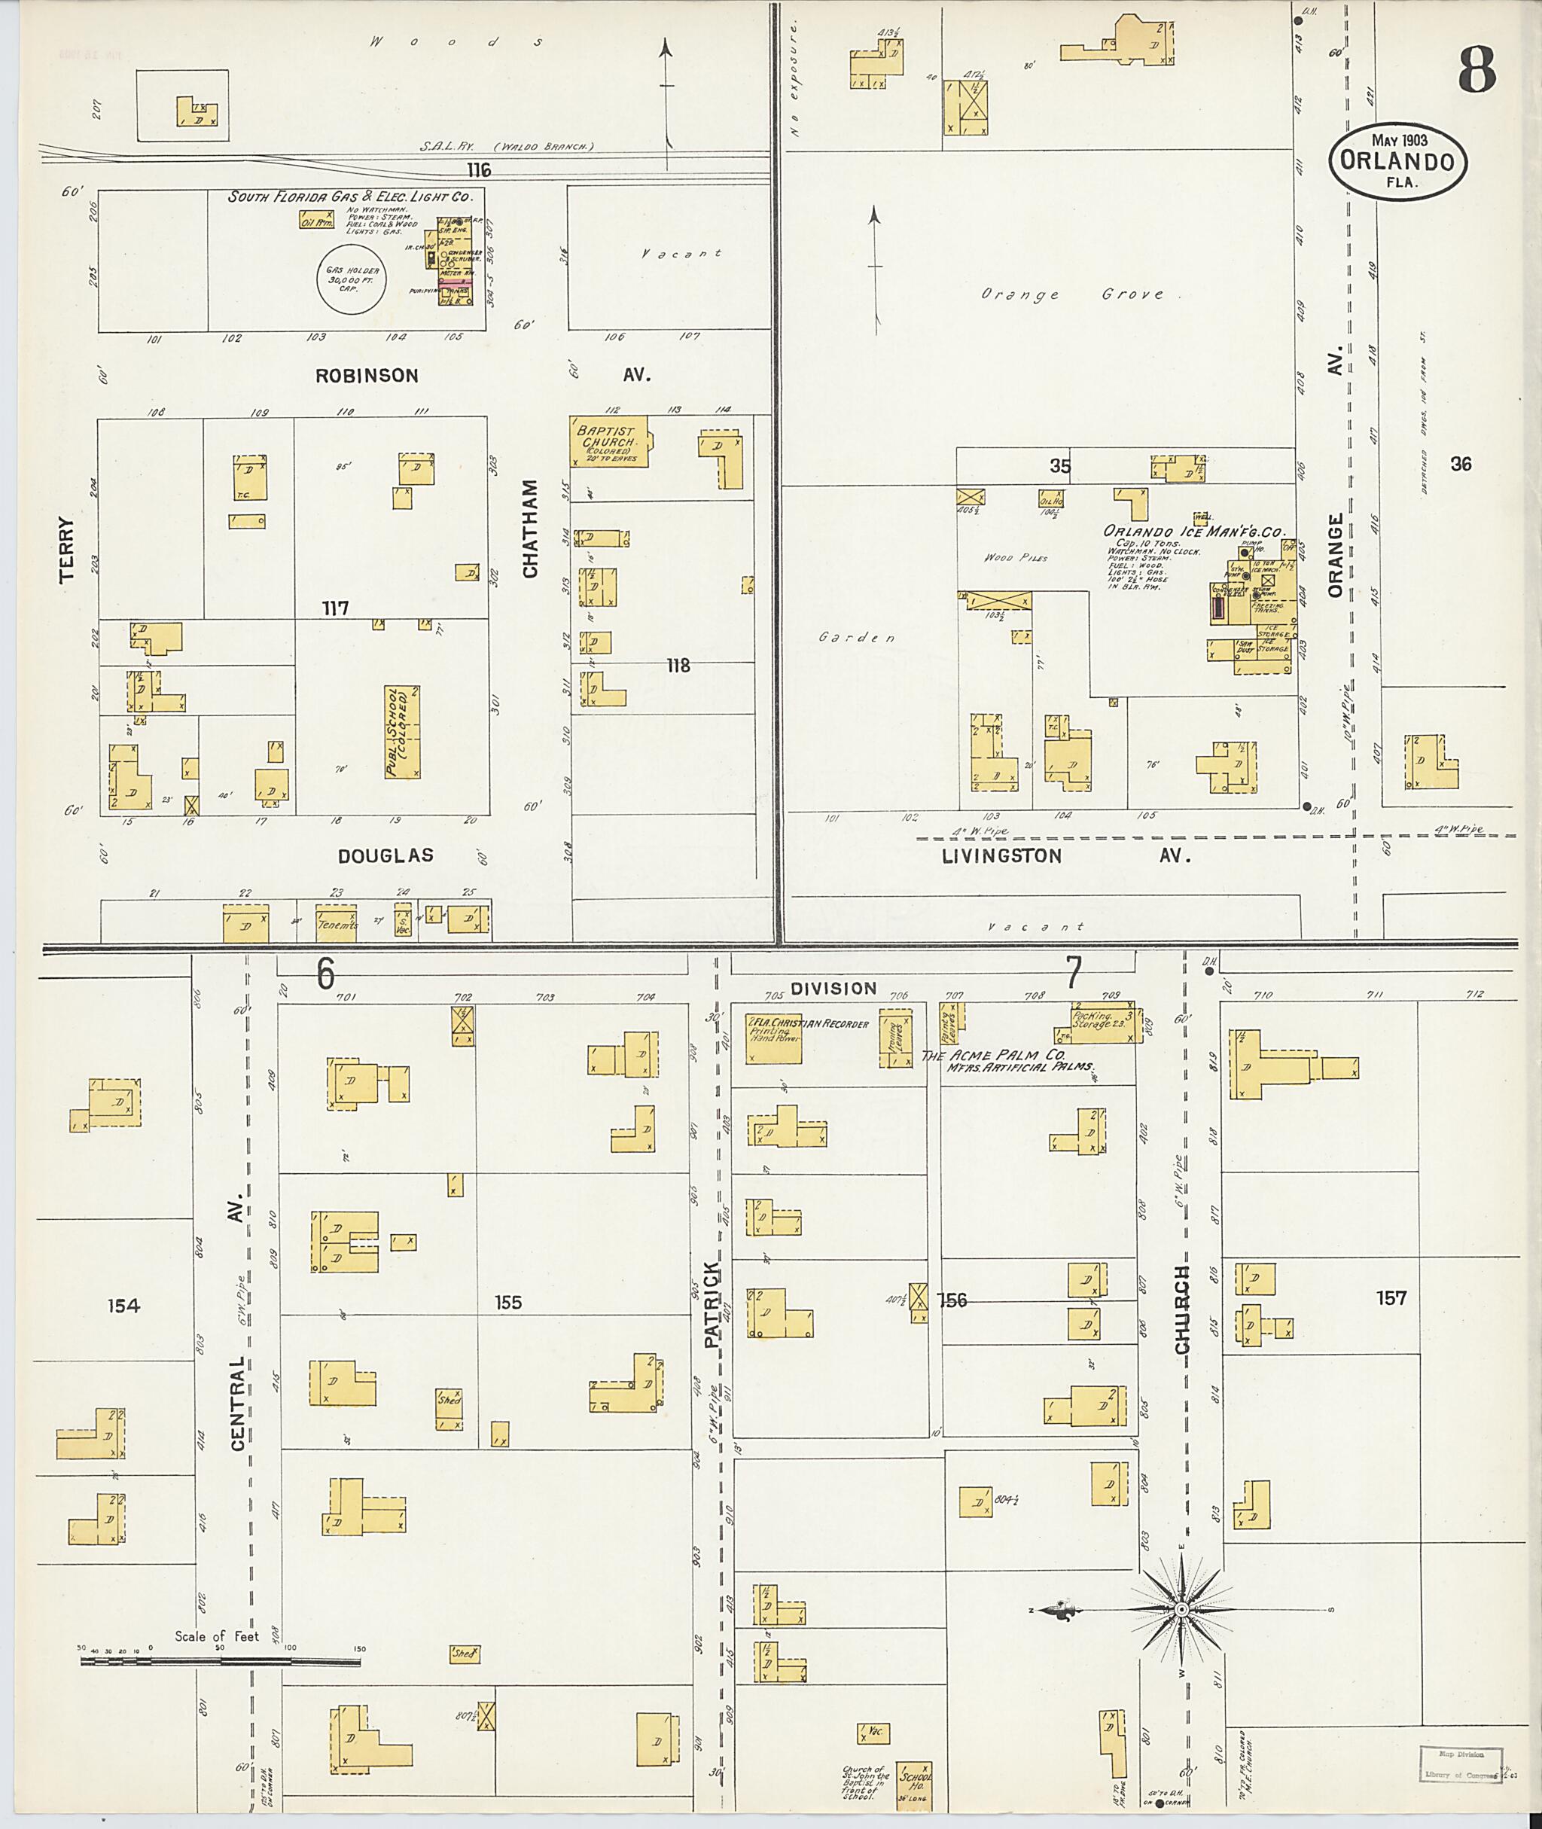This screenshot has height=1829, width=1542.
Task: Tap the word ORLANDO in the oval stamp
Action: [1397, 163]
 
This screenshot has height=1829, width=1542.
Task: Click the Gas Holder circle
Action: [352, 281]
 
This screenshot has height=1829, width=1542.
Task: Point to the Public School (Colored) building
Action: [401, 733]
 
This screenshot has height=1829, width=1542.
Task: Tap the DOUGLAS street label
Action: [385, 856]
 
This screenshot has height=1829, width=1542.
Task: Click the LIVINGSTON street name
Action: [1002, 856]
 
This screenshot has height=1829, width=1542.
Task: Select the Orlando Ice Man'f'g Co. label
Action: [1193, 531]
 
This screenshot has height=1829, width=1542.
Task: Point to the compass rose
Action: [1181, 1610]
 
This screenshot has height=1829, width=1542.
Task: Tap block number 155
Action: [508, 1303]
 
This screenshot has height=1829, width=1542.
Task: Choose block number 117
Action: [336, 608]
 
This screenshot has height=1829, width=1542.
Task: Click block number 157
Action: [1391, 1297]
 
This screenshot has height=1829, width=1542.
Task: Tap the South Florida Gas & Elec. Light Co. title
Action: [349, 197]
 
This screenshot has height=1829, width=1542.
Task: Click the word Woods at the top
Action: [456, 42]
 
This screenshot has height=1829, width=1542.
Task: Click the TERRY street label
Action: [67, 549]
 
